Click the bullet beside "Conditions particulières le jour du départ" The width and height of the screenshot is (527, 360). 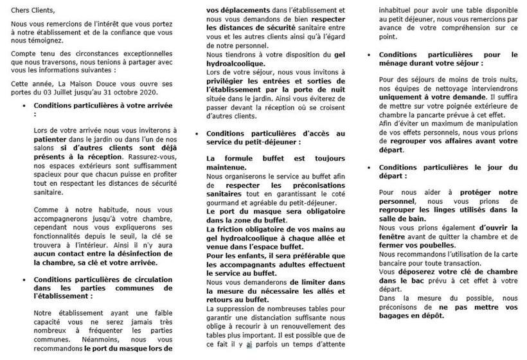[x=370, y=168]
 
